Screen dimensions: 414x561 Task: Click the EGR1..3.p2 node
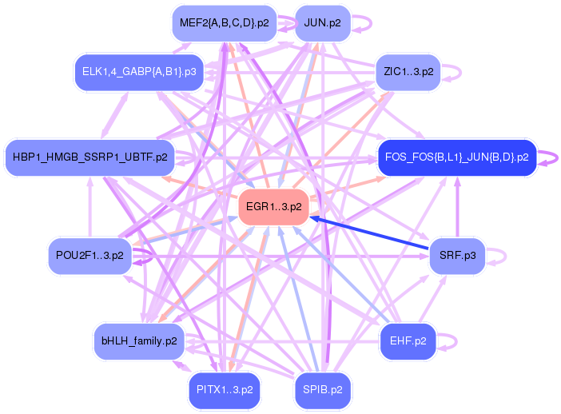273,207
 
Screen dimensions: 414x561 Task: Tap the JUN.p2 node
322,22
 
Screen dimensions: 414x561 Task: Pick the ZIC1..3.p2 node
408,72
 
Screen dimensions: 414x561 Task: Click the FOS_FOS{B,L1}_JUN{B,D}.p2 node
456,157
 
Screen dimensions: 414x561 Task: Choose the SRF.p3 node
457,256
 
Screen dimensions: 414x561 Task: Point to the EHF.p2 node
408,340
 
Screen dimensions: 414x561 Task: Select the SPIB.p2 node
323,390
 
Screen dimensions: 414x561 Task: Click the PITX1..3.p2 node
225,390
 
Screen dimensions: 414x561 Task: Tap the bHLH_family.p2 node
139,341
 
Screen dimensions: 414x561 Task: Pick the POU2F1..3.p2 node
90,256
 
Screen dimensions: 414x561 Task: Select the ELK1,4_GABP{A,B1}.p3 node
139,72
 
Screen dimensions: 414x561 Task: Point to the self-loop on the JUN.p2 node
367,22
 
